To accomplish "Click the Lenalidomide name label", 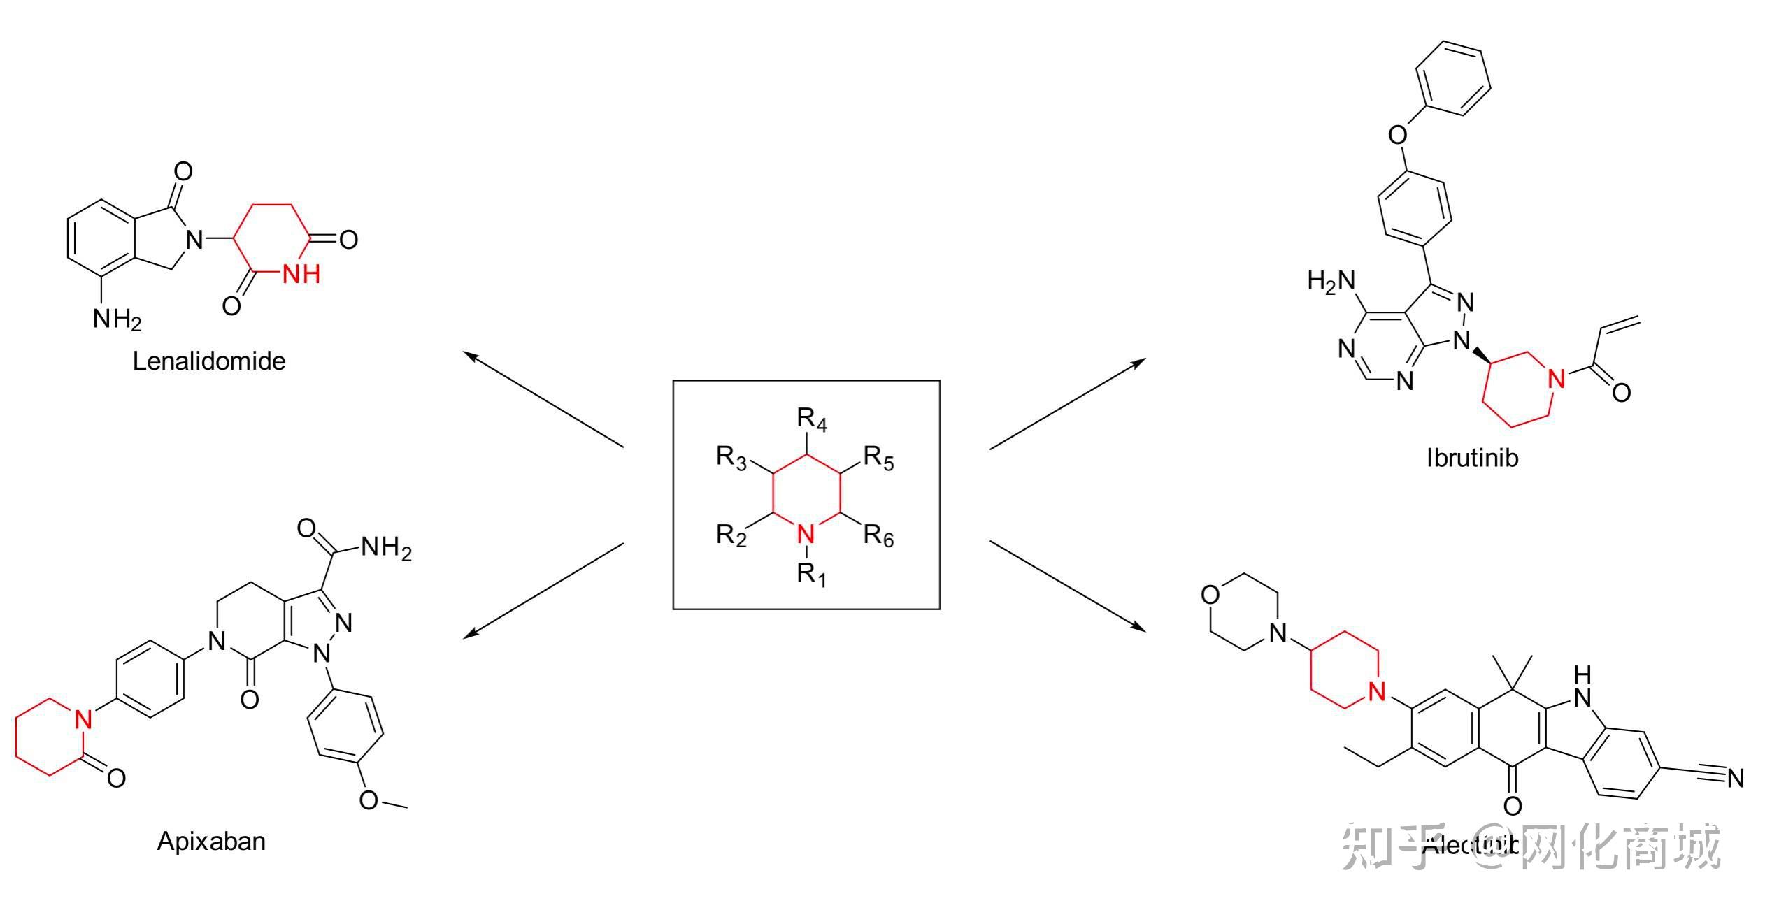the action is pos(209,361).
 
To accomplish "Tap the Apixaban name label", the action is pos(211,841).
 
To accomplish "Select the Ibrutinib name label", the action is pos(1472,458).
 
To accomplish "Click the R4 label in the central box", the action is pos(811,420).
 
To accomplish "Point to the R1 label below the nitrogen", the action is pos(811,575).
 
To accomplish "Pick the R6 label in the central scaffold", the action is pos(878,536).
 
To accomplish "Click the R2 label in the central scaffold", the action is pos(731,536).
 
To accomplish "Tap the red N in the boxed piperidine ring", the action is pos(806,535).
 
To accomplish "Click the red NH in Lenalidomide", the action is pos(301,274).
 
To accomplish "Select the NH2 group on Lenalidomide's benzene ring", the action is pos(117,319).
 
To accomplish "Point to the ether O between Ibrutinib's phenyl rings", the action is pos(1398,134).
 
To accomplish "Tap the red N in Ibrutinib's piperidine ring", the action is pos(1556,378).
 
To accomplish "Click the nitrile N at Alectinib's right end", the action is pos(1735,778).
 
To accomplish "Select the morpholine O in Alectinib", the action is pos(1210,595).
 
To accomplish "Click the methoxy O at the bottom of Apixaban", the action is pos(369,800).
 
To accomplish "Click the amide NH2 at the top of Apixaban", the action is pos(386,549).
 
